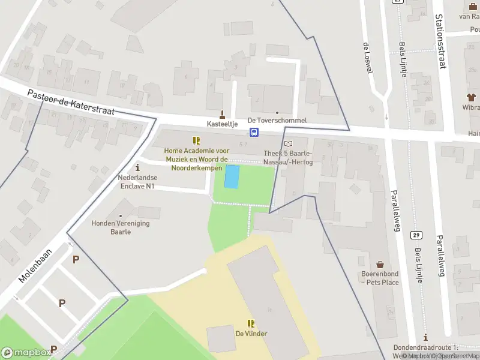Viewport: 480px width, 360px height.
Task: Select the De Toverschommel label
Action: point(277,120)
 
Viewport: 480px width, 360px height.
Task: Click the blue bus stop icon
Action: point(254,133)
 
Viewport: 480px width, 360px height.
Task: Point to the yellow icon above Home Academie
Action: point(196,140)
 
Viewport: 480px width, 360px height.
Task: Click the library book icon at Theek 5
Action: point(289,143)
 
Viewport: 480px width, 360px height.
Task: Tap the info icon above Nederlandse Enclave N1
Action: point(137,167)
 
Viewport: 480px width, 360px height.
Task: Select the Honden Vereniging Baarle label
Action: point(121,227)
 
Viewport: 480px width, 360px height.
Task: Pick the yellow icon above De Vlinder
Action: point(251,323)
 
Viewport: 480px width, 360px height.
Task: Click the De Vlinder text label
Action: point(251,334)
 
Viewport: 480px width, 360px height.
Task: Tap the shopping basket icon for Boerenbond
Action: point(380,264)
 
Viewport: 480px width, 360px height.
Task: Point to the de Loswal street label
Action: point(368,58)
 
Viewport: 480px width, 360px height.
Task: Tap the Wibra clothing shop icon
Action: point(471,97)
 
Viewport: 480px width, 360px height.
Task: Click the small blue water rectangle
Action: point(232,176)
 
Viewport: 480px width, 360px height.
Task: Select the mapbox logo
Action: point(25,352)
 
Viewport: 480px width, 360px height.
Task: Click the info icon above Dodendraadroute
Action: point(425,338)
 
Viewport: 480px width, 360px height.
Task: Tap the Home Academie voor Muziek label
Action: point(196,160)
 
